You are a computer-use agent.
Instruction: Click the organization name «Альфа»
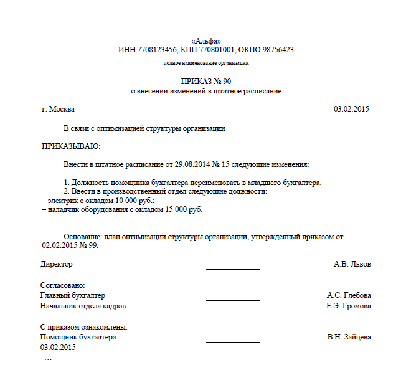click(206, 40)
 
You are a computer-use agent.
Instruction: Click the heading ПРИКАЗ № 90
click(206, 82)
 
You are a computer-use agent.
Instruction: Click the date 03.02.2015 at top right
click(352, 109)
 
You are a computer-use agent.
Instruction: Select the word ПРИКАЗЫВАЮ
click(70, 146)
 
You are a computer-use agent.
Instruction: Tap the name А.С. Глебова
click(349, 295)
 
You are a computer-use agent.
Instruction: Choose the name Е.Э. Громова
click(349, 306)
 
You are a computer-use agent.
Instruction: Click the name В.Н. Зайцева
click(349, 337)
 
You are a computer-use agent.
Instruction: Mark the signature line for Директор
click(233, 269)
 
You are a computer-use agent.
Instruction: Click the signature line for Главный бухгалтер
click(233, 300)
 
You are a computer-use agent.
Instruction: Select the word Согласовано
click(62, 285)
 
